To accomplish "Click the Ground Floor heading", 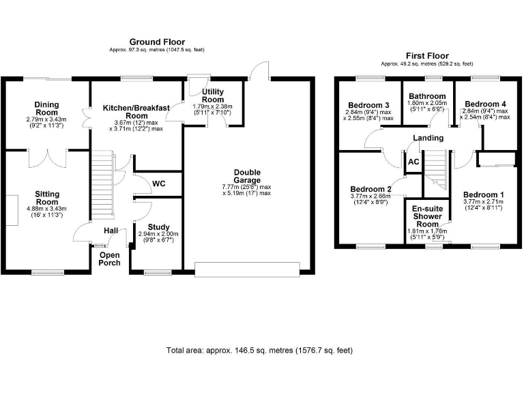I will [157, 42].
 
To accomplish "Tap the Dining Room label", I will [47, 109].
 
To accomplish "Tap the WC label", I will [158, 184].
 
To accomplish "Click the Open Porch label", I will [110, 259].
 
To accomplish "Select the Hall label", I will [111, 231].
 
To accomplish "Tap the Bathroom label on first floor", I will [428, 97].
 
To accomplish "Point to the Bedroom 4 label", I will [485, 104].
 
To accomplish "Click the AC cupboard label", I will [413, 162].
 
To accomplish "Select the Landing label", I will [428, 138].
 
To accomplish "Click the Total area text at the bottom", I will [259, 350].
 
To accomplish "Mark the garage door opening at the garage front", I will [247, 268].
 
